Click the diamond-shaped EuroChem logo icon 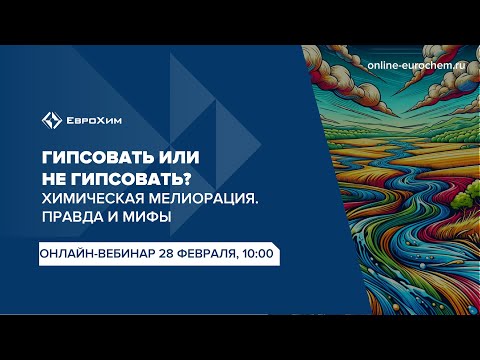50,122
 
